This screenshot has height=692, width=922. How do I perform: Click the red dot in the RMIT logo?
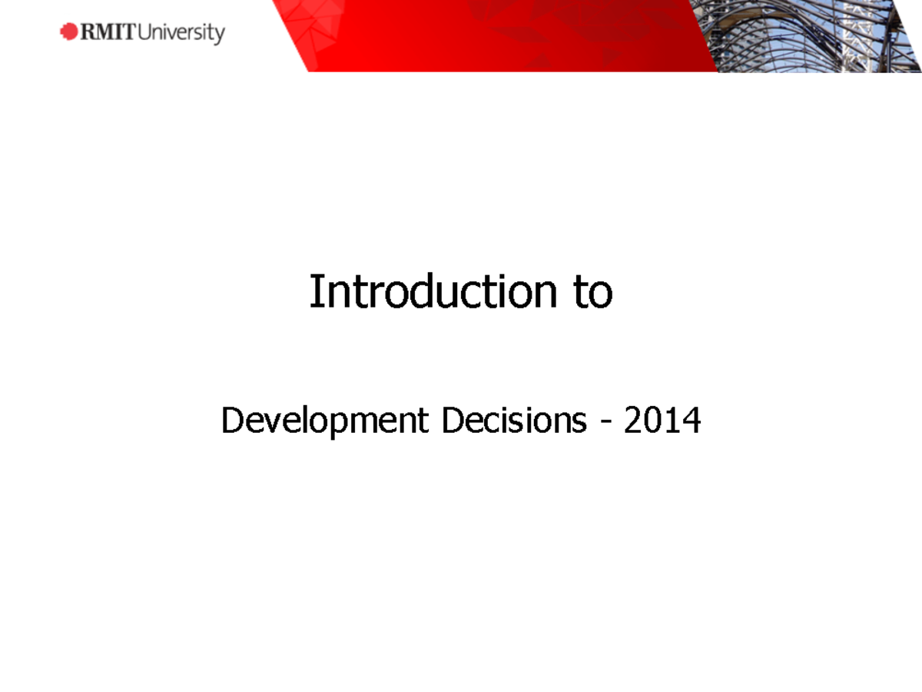(x=69, y=32)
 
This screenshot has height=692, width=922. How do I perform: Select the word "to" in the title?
(x=592, y=293)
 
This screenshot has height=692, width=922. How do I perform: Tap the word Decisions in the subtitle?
(x=514, y=421)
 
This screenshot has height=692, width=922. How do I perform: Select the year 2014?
(x=662, y=421)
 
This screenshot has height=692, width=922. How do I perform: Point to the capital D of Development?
(x=230, y=421)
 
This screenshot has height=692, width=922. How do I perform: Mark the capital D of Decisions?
(x=451, y=421)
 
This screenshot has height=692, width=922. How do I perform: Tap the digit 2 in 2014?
(x=633, y=421)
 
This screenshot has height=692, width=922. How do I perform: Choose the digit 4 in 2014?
(x=691, y=421)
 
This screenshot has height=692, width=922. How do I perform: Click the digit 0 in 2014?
(x=652, y=421)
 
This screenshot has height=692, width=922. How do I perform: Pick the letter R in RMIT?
(x=89, y=32)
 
